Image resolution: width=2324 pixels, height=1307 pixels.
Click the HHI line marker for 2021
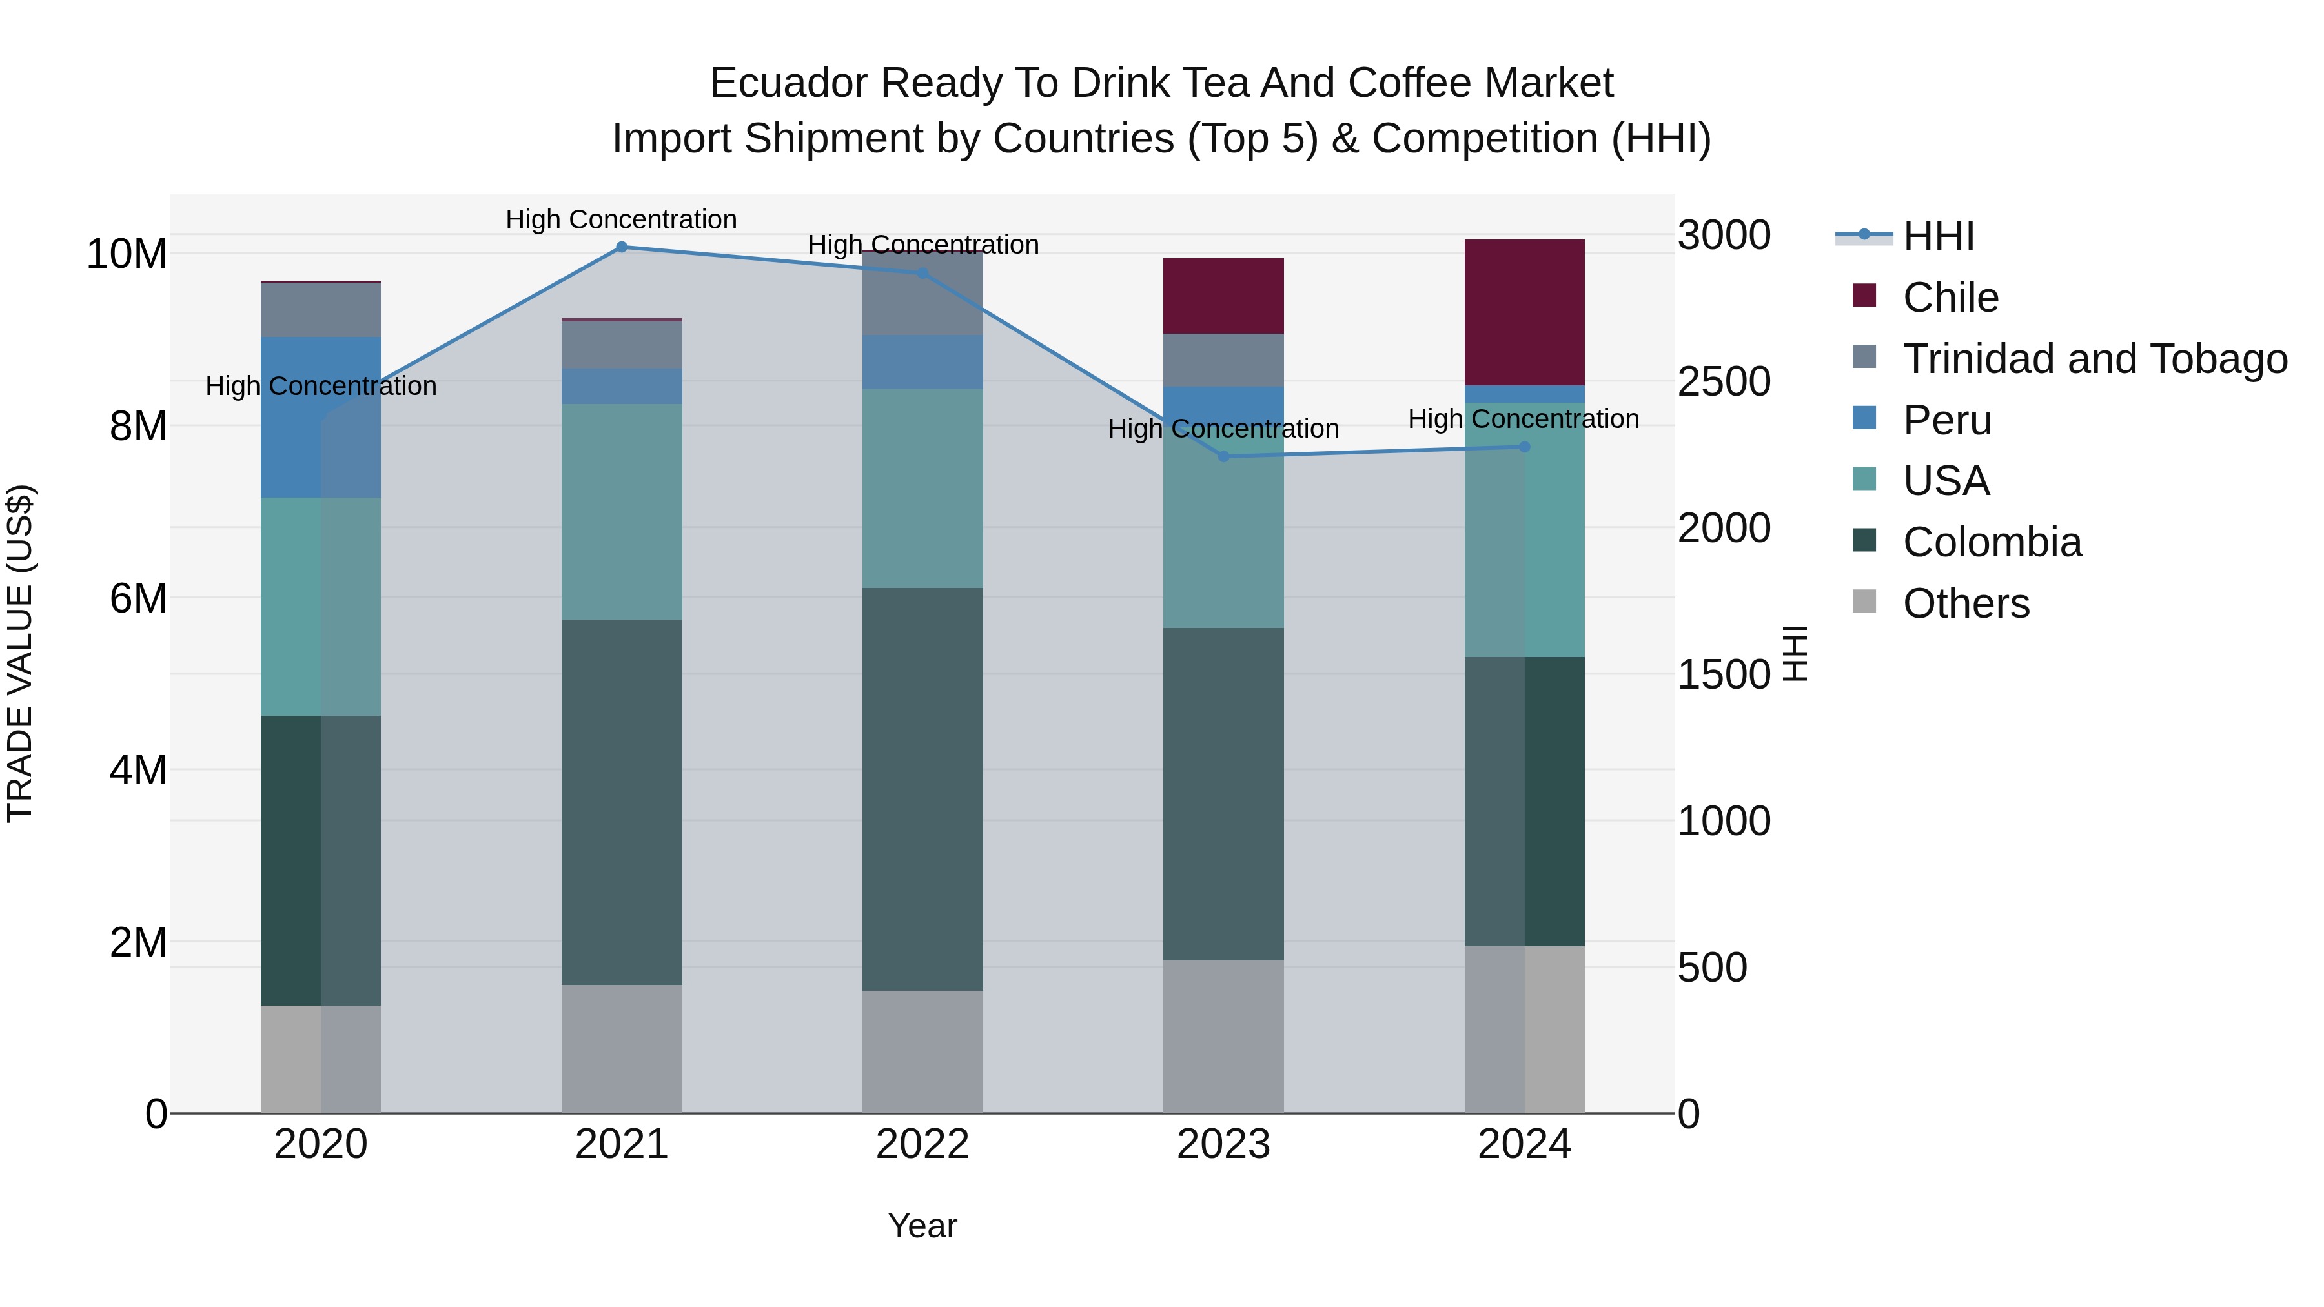click(x=622, y=247)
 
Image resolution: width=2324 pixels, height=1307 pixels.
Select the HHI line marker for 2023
click(x=1223, y=456)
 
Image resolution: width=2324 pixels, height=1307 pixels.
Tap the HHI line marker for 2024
click(x=1525, y=447)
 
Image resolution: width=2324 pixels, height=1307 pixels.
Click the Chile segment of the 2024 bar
click(x=1525, y=312)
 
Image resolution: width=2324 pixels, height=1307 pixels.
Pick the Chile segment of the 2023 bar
click(x=1223, y=296)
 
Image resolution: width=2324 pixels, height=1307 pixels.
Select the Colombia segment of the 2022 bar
click(x=922, y=789)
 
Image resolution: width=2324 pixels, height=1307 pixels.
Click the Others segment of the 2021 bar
click(x=622, y=1048)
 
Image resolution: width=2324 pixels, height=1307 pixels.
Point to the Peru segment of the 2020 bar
click(x=320, y=417)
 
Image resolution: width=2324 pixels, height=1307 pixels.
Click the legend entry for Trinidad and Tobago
click(x=2095, y=359)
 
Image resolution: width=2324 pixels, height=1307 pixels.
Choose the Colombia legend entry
click(x=1992, y=542)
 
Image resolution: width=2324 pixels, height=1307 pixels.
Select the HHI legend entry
click(x=1938, y=236)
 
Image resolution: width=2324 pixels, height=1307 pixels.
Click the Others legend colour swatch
click(x=1864, y=602)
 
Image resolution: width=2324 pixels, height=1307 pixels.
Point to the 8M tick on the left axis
click(x=138, y=426)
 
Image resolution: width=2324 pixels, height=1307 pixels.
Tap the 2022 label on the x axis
click(x=922, y=1144)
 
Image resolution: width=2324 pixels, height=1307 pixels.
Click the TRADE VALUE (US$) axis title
click(x=20, y=653)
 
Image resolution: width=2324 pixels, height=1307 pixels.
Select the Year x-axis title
click(x=922, y=1226)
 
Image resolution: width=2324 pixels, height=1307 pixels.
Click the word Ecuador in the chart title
click(x=788, y=83)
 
